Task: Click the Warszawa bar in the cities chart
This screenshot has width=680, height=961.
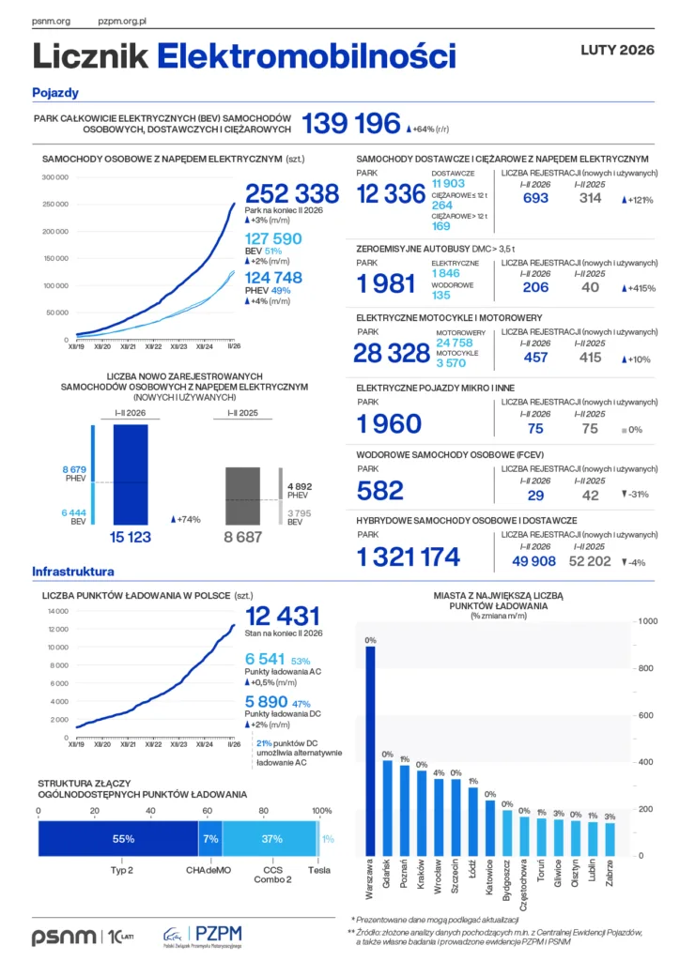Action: click(370, 751)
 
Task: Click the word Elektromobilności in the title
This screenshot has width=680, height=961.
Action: click(306, 56)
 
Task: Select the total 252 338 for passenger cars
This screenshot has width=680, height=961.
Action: click(292, 193)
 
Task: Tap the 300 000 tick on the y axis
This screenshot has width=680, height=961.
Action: click(55, 176)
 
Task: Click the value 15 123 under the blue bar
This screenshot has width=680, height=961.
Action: click(131, 538)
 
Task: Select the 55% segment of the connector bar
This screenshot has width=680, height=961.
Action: click(117, 838)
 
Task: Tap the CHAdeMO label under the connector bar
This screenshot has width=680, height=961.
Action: click(208, 870)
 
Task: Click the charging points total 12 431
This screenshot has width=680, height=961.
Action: click(283, 616)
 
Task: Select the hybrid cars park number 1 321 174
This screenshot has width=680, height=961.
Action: click(409, 557)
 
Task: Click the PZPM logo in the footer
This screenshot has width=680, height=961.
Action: click(203, 934)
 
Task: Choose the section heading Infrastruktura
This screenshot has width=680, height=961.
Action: click(73, 571)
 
